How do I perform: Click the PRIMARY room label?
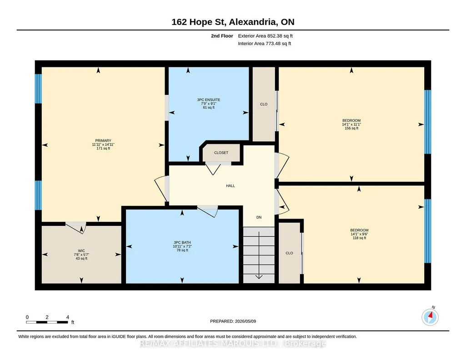pyautogui.click(x=103, y=141)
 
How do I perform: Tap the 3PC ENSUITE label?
pyautogui.click(x=209, y=100)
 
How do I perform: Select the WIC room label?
pyautogui.click(x=81, y=251)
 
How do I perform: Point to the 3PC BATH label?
pyautogui.click(x=182, y=243)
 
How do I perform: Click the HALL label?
pyautogui.click(x=230, y=186)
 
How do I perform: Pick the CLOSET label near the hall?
pyautogui.click(x=221, y=153)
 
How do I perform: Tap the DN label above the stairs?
pyautogui.click(x=259, y=217)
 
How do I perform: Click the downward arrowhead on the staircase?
pyautogui.click(x=259, y=277)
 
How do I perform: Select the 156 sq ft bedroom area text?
pyautogui.click(x=351, y=128)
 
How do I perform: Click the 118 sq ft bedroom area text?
pyautogui.click(x=359, y=238)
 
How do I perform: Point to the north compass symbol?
pyautogui.click(x=430, y=317)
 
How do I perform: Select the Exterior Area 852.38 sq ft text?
pyautogui.click(x=266, y=36)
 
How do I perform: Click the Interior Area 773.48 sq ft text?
pyautogui.click(x=265, y=43)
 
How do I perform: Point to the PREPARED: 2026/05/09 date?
pyautogui.click(x=233, y=321)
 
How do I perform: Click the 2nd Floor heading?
pyautogui.click(x=222, y=36)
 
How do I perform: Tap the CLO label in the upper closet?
pyautogui.click(x=264, y=104)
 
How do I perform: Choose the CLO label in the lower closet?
pyautogui.click(x=289, y=253)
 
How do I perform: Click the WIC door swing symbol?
pyautogui.click(x=76, y=228)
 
